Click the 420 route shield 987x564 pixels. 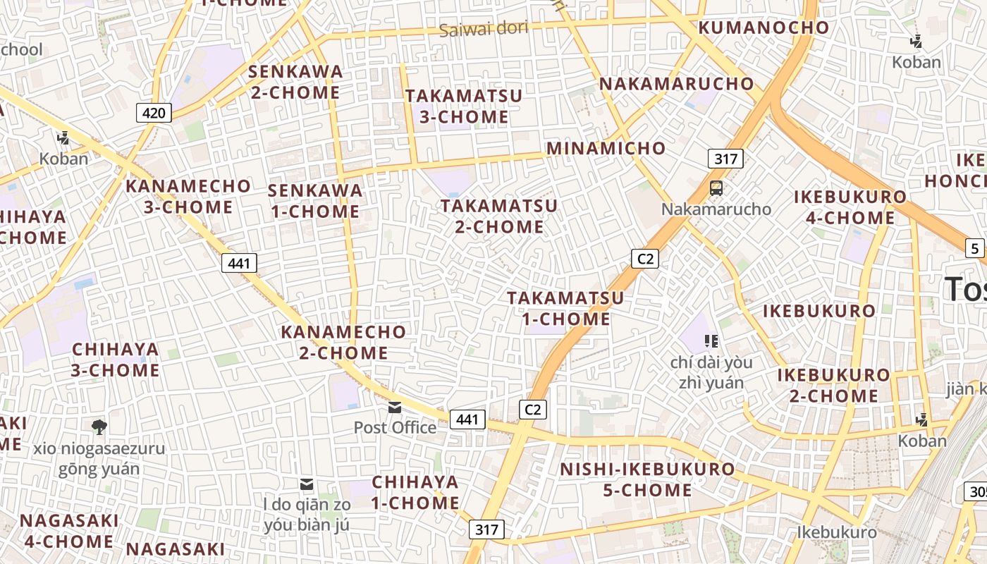154,113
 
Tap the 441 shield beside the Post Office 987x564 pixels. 467,419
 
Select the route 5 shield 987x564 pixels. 975,248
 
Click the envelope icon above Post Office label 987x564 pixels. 395,407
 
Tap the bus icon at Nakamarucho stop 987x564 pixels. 716,188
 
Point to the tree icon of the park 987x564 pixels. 99,427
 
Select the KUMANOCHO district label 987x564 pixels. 764,28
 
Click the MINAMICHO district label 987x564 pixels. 606,148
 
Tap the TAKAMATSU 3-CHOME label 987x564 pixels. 464,106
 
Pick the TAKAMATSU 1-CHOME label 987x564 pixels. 565,308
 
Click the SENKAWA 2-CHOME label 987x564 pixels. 295,82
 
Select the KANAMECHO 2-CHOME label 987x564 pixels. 343,342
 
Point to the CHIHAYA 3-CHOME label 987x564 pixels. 116,360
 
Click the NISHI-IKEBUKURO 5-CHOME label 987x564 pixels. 647,479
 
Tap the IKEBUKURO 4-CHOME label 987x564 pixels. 850,207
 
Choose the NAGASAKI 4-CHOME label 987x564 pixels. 69,531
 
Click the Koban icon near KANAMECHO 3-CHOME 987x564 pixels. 63,138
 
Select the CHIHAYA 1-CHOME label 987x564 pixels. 415,493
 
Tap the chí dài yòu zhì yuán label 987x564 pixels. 711,373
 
